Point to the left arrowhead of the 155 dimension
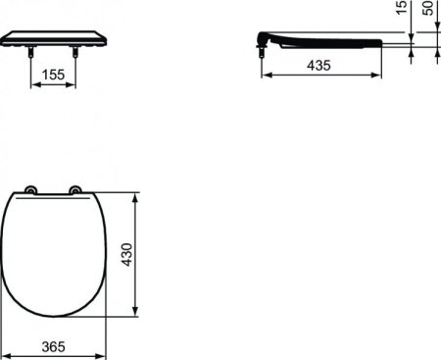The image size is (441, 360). [35, 85]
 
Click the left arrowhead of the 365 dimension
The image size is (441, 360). [6, 334]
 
